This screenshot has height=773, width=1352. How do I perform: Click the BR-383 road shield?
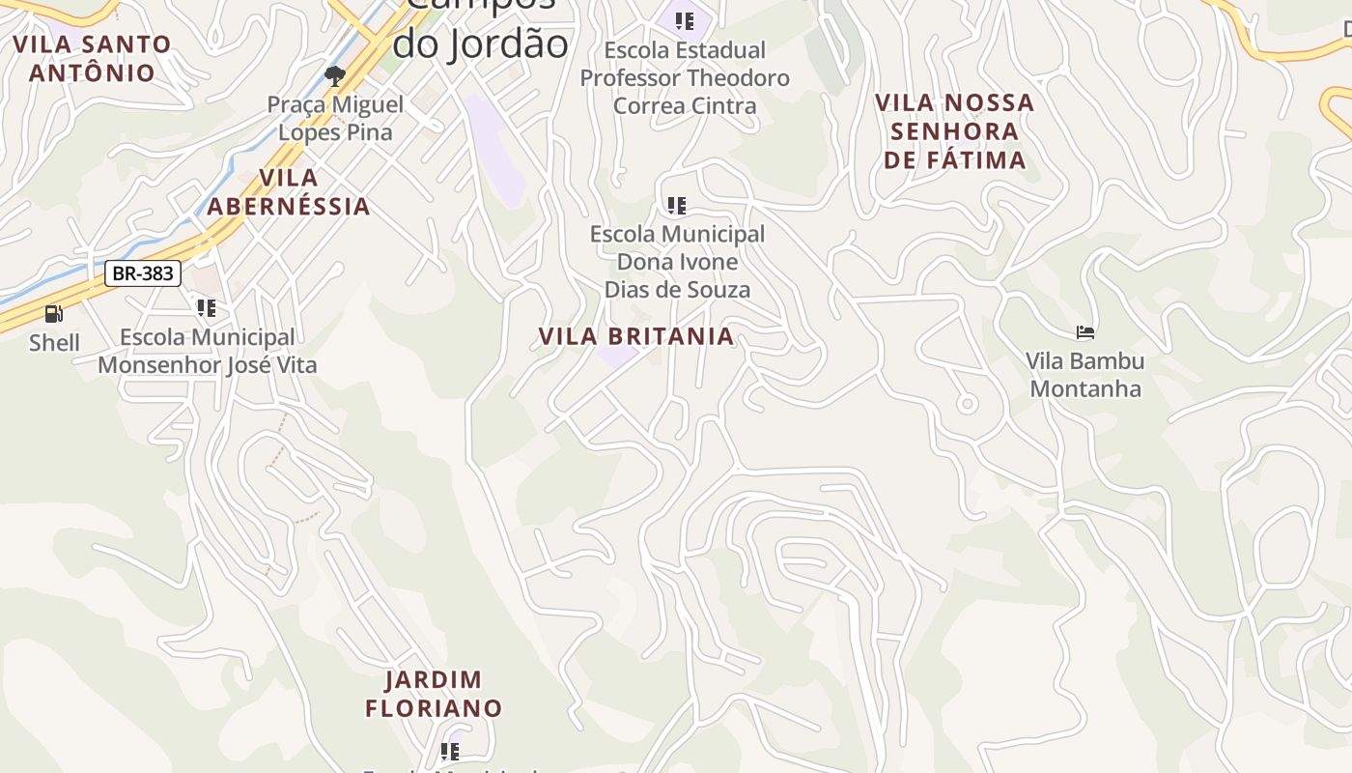(x=143, y=273)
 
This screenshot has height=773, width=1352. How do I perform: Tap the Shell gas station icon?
(x=54, y=314)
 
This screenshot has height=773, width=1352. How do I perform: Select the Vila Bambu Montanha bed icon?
(x=1085, y=333)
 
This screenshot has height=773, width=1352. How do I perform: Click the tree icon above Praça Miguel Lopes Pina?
(x=335, y=75)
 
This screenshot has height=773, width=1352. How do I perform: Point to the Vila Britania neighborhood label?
(x=636, y=336)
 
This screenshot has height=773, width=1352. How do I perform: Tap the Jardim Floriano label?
(x=434, y=694)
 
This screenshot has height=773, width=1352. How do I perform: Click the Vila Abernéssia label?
(x=289, y=191)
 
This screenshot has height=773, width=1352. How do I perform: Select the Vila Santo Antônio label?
(x=92, y=58)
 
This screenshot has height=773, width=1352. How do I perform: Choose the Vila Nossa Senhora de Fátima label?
(x=954, y=131)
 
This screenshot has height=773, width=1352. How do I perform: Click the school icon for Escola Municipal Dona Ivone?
(x=677, y=205)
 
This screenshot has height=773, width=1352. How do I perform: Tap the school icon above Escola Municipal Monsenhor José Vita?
(x=206, y=308)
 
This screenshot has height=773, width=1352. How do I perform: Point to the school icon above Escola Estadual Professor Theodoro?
(x=685, y=21)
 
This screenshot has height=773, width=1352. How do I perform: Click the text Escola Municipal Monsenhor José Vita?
(x=207, y=352)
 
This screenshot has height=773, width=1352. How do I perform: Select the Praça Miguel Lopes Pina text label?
(x=335, y=118)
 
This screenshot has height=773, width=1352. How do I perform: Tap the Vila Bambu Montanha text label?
(x=1084, y=375)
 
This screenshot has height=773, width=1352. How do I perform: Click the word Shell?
(x=54, y=343)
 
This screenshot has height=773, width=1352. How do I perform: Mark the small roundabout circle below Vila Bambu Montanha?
(x=967, y=404)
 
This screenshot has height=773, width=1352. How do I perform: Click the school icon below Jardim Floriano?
(x=449, y=751)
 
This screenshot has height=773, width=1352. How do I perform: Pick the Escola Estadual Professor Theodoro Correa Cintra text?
(x=685, y=77)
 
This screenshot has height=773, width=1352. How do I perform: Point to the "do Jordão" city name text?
(x=480, y=43)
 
